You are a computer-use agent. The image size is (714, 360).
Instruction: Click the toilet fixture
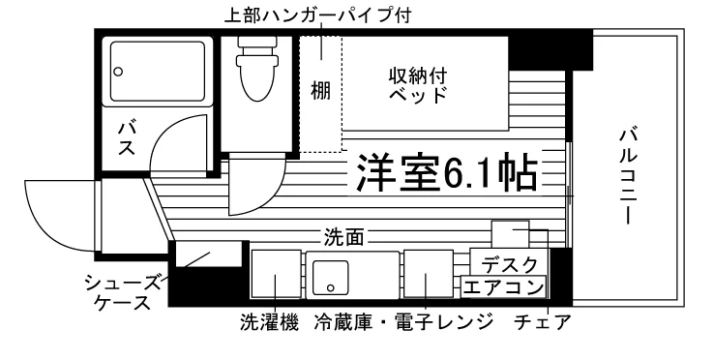[256, 69]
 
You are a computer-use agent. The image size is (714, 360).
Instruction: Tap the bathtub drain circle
[119, 72]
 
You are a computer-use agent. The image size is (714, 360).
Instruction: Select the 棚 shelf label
[320, 91]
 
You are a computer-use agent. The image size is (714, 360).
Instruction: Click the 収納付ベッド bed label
[417, 85]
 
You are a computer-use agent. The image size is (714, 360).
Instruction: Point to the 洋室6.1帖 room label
[446, 172]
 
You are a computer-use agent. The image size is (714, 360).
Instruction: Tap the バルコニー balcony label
[628, 176]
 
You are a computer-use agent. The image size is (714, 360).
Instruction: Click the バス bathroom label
[126, 138]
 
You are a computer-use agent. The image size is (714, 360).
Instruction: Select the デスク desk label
[510, 264]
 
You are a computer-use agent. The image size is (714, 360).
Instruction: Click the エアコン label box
[503, 287]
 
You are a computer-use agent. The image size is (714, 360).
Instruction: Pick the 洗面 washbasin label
[343, 237]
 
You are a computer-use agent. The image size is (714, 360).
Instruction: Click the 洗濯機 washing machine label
[269, 322]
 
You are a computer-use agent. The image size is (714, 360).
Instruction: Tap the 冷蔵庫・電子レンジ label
[403, 322]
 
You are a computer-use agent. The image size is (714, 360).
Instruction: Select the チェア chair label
[542, 322]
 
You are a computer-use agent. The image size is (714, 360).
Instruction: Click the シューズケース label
[123, 292]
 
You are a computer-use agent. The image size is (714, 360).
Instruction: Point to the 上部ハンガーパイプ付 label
[317, 15]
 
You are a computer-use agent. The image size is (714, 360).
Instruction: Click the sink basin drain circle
[331, 288]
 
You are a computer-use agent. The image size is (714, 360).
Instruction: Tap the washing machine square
[277, 274]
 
